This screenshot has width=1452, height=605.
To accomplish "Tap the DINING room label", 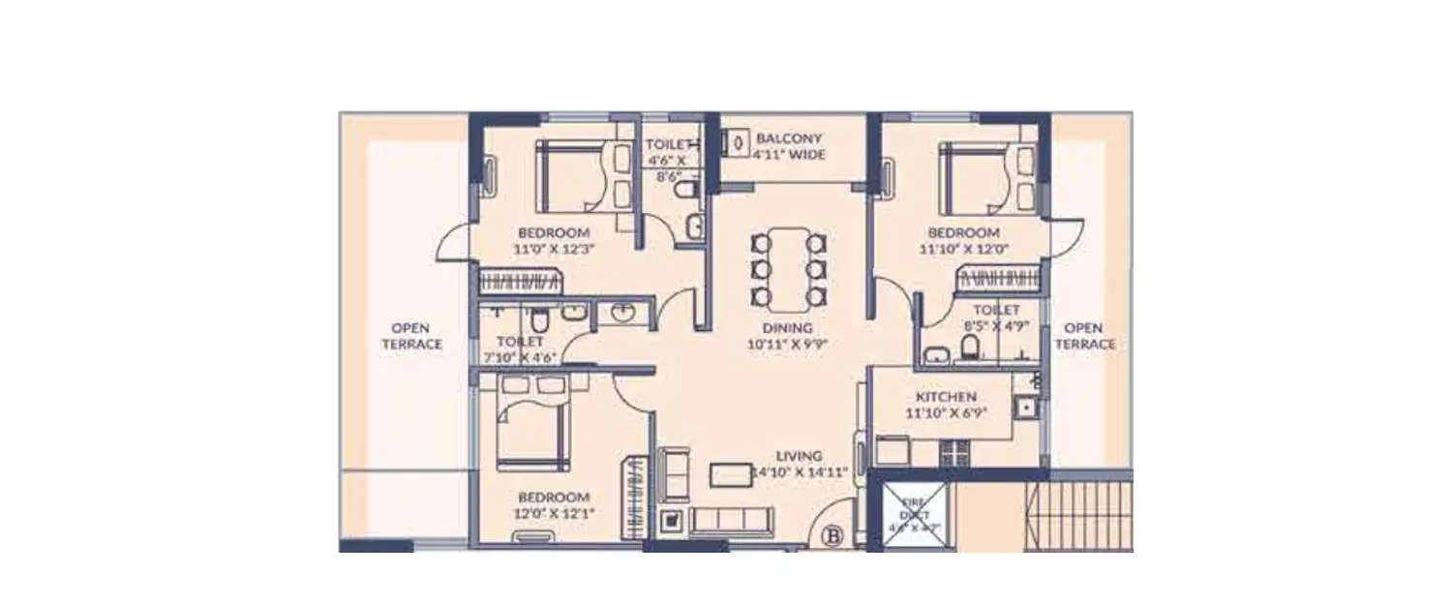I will coord(787,328).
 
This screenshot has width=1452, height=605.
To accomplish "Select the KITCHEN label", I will coord(946,397).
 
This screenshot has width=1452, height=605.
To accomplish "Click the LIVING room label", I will coord(799,455).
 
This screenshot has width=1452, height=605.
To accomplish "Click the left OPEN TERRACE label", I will coord(410,336).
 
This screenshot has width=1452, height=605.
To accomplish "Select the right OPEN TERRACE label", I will coord(1084,336).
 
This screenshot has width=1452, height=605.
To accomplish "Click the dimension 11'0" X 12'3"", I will coord(554,249).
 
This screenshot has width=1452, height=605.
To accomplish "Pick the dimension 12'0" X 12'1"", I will coord(554,513).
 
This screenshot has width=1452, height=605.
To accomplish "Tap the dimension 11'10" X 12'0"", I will coord(963,249).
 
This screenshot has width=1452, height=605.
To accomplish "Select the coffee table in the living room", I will coord(731,474).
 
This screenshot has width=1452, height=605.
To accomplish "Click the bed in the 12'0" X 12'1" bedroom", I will coord(532,436).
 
